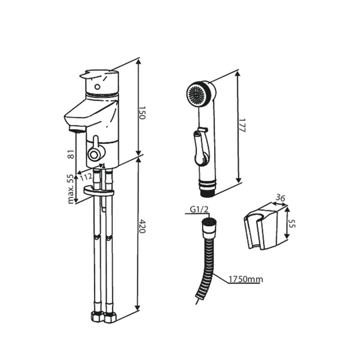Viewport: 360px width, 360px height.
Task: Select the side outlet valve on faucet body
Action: click(95, 153)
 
